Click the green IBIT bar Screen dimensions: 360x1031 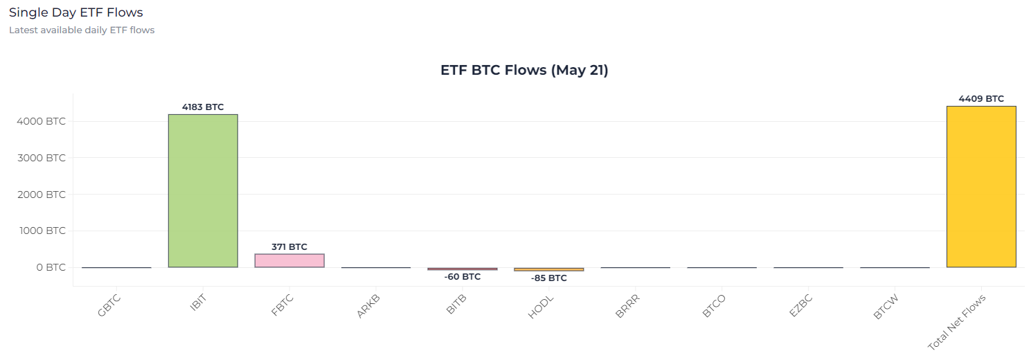(203, 190)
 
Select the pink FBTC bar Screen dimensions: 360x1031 (289, 260)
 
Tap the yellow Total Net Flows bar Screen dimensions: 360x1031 (981, 186)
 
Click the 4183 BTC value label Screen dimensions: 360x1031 (203, 107)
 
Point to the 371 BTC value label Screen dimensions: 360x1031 (289, 246)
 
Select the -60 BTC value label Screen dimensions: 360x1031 (463, 277)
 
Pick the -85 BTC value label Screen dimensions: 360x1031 (549, 278)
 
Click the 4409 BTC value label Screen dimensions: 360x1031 (981, 99)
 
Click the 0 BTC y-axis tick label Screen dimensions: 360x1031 (50, 267)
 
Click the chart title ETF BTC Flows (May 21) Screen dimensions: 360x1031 (524, 70)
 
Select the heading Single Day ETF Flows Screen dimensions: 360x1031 (76, 12)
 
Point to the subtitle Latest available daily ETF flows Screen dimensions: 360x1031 (82, 30)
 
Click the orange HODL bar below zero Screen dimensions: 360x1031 (549, 269)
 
